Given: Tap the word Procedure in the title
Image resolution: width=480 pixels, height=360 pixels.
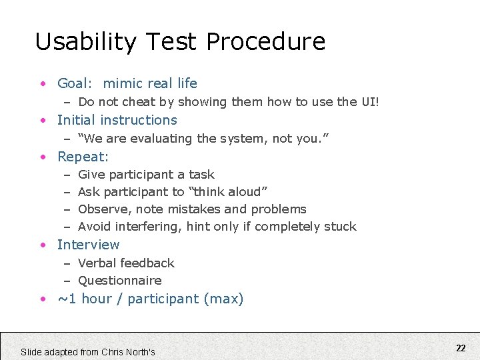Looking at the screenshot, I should click(x=266, y=42).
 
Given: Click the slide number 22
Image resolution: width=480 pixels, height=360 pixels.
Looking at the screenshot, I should click(x=461, y=347).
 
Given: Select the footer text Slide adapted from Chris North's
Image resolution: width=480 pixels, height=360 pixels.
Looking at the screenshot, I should click(x=88, y=351).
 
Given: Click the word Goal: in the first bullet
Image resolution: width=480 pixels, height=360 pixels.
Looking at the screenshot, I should click(x=75, y=83).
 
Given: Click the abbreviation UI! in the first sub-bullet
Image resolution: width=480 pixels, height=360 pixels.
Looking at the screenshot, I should click(x=370, y=102).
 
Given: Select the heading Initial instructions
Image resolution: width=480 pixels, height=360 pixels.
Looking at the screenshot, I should click(x=117, y=120).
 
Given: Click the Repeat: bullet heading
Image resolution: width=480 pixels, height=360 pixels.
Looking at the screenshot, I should click(x=83, y=157).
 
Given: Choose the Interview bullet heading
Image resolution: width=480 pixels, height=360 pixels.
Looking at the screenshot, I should click(x=89, y=245).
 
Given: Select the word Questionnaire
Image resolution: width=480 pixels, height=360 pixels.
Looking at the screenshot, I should click(x=120, y=281).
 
